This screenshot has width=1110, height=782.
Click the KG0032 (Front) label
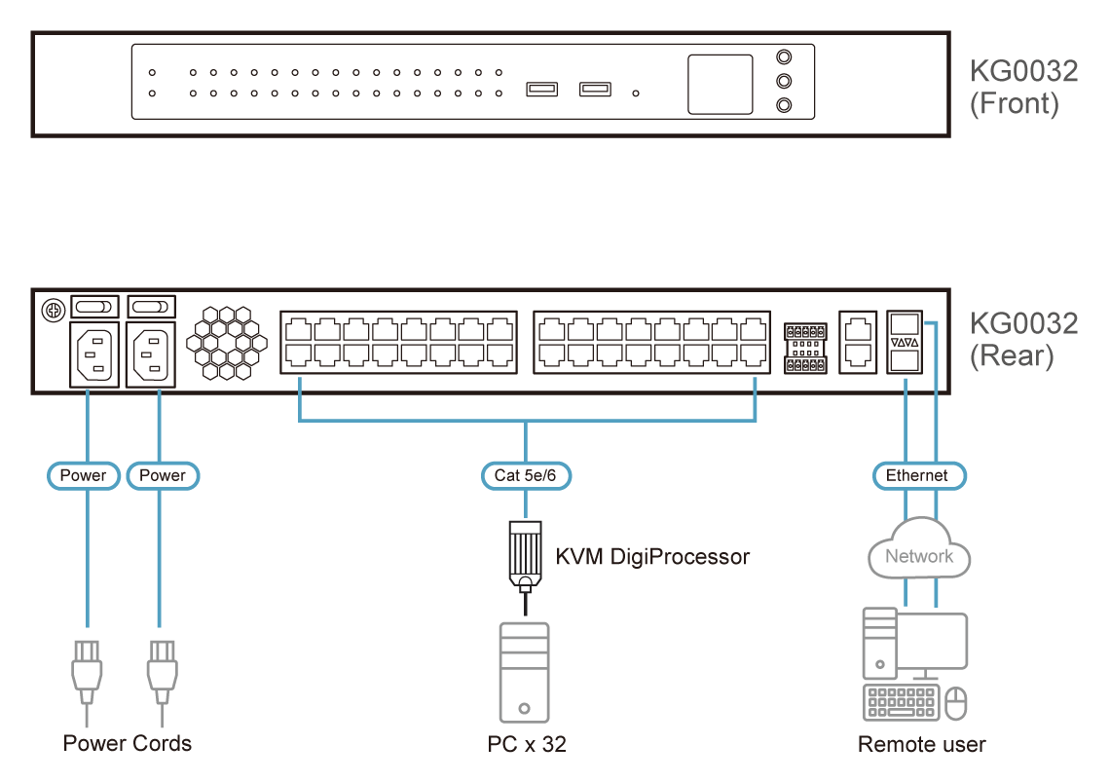click(1023, 88)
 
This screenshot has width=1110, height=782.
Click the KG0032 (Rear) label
click(1023, 340)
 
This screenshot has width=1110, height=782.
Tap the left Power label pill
click(84, 475)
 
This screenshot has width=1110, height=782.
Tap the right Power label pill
click(162, 475)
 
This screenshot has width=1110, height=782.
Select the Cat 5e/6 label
click(526, 475)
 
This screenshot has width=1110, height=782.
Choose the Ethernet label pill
click(916, 475)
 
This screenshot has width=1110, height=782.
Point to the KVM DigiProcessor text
click(652, 557)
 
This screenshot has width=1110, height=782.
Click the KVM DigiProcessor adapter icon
click(526, 555)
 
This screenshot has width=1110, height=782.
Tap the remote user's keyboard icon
click(902, 702)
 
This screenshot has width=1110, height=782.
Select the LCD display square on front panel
click(721, 85)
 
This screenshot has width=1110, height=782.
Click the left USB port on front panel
click(541, 91)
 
